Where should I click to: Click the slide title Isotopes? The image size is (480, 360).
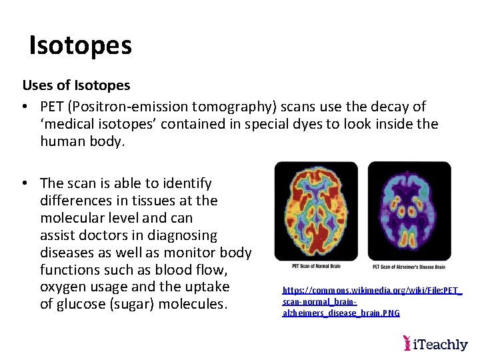[x=81, y=45]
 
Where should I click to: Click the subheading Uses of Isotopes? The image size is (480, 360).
[x=76, y=85]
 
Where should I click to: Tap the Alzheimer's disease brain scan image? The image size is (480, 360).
[x=409, y=211]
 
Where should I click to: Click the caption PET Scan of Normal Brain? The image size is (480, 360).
[x=316, y=266]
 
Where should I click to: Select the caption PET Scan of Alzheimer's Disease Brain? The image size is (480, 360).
[x=408, y=267]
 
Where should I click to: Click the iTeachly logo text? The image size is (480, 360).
[x=441, y=344]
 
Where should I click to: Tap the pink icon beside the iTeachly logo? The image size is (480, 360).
[x=407, y=343]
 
